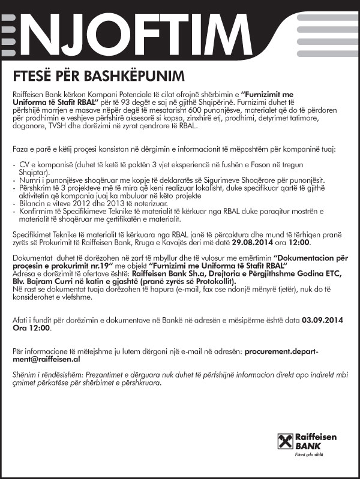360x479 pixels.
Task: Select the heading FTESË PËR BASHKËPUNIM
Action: [x=100, y=77]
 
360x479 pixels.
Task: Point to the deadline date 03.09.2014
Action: [x=323, y=320]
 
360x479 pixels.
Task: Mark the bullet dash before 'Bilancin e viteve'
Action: [x=14, y=205]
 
